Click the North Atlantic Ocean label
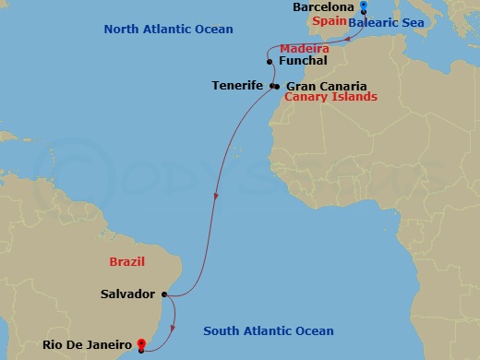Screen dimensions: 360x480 (x=169, y=29)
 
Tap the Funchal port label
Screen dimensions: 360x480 (x=302, y=61)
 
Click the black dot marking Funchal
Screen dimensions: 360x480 (x=269, y=62)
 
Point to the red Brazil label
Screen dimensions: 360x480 (x=126, y=262)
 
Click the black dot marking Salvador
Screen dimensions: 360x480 (x=164, y=294)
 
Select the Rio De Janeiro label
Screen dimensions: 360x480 (x=87, y=345)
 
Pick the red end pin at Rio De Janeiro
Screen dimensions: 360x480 (x=140, y=346)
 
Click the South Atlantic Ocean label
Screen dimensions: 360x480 (x=269, y=331)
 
